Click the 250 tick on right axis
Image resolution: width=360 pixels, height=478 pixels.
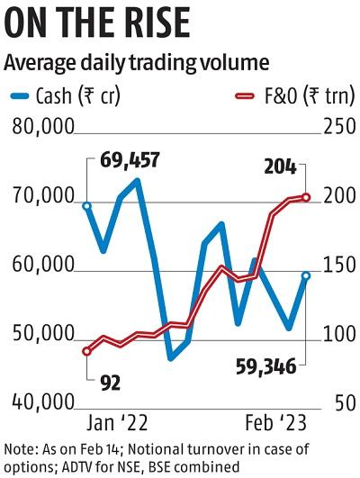334,129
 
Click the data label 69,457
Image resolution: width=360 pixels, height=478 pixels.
130,161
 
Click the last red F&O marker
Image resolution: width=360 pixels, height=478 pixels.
306,197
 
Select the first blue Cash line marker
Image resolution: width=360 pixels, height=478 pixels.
86,205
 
